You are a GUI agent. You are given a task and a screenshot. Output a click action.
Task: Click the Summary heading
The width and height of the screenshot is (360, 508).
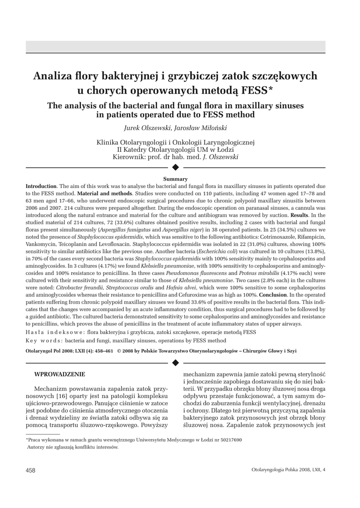pyautogui.click(x=175, y=179)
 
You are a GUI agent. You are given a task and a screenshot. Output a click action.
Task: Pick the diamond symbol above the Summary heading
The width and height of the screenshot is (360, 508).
pyautogui.click(x=175, y=167)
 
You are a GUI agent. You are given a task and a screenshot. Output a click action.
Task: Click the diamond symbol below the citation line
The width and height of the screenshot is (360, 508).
pyautogui.click(x=175, y=363)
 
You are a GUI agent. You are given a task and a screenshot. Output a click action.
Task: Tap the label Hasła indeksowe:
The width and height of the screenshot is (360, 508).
pyautogui.click(x=55, y=331)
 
